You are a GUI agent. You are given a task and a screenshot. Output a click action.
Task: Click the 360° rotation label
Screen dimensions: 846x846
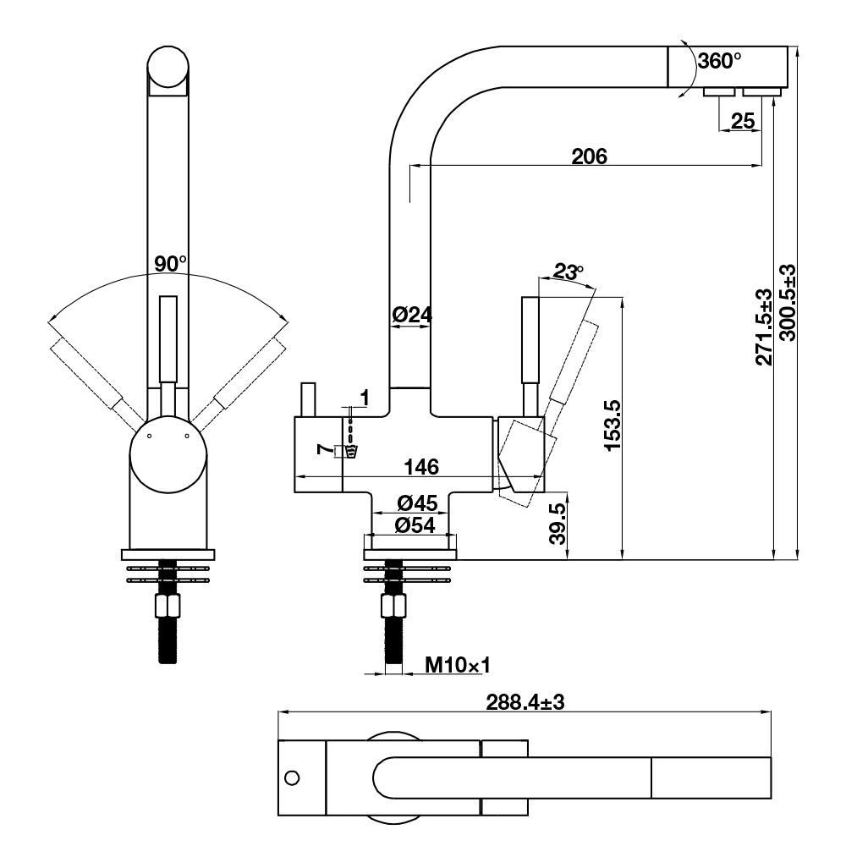(719, 60)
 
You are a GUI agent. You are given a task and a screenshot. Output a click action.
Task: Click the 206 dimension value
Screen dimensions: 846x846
(589, 157)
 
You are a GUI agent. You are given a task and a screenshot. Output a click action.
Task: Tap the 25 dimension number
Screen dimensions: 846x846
(743, 121)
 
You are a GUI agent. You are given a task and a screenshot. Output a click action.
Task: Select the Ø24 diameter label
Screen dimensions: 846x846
(412, 315)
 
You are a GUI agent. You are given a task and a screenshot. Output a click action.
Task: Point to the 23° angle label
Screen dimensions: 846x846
(569, 272)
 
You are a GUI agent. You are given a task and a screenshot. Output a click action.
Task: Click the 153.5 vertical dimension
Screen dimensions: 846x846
(613, 426)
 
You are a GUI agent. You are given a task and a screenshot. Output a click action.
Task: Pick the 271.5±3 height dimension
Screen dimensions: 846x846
(764, 327)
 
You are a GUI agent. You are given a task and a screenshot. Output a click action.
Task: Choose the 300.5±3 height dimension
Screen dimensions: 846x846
(788, 302)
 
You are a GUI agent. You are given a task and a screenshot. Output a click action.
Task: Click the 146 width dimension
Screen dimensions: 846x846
(421, 467)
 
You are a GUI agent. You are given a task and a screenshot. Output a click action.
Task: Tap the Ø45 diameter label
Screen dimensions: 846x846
(417, 503)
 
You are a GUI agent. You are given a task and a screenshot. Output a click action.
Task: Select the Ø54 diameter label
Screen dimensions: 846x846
(415, 525)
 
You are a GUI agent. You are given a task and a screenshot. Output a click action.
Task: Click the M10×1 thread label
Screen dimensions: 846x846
(458, 665)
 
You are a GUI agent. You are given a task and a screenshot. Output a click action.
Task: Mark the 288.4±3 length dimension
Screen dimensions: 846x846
(525, 702)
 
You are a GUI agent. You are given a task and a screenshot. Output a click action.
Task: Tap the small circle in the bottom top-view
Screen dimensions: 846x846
(292, 778)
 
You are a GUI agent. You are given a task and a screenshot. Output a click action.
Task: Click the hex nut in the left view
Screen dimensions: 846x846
(168, 606)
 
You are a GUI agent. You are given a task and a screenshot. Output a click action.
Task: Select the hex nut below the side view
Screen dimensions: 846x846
(394, 606)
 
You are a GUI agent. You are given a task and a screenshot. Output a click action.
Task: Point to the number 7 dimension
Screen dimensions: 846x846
(322, 449)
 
